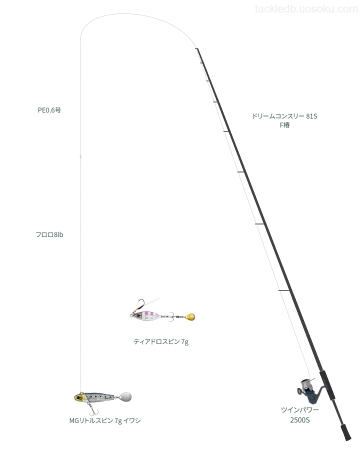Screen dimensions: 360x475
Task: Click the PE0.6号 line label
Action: click(x=49, y=110)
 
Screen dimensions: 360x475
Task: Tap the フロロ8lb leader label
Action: click(x=49, y=234)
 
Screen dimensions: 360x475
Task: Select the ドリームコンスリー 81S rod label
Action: click(x=284, y=116)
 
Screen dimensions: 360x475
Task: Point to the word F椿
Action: click(x=284, y=125)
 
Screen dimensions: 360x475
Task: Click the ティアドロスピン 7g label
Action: click(x=161, y=341)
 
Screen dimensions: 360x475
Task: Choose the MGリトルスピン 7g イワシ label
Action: click(x=105, y=420)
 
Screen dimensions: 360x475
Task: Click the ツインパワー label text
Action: click(x=299, y=410)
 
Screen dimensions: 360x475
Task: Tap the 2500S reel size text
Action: click(x=299, y=420)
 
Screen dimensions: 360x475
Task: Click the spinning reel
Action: click(x=309, y=390)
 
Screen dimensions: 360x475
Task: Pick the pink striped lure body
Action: click(x=145, y=315)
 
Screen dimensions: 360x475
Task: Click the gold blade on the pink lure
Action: click(x=190, y=317)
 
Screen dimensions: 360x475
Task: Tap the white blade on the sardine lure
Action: click(x=125, y=396)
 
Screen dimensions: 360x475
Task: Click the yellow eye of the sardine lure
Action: click(x=79, y=397)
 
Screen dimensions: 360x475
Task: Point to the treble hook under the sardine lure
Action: click(x=92, y=410)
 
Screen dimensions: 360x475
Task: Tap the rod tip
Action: click(x=196, y=48)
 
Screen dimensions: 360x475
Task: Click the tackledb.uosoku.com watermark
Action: click(x=306, y=9)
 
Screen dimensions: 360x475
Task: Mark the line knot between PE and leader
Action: click(x=80, y=156)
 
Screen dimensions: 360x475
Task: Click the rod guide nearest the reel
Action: click(x=284, y=291)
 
